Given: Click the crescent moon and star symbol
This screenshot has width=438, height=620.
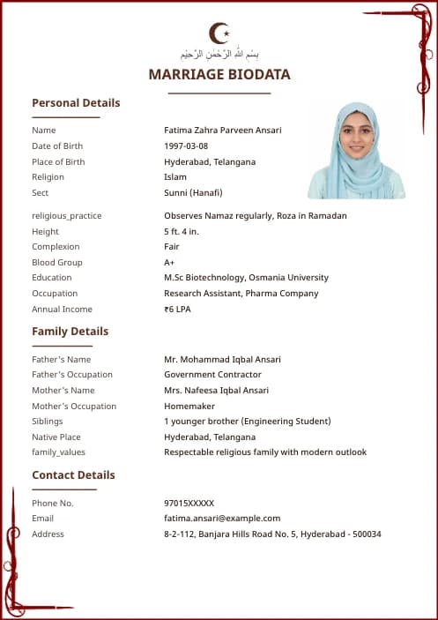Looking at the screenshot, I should (219, 34).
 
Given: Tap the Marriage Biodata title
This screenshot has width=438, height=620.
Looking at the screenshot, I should (219, 75).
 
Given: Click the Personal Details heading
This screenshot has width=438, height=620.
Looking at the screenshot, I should (76, 103).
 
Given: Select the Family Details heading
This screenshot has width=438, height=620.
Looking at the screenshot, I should (71, 332).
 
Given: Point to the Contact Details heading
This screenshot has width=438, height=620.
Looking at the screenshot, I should (73, 475).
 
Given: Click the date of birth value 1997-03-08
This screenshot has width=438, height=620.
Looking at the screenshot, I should (186, 146).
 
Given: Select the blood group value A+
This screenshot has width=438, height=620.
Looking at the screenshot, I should (169, 263).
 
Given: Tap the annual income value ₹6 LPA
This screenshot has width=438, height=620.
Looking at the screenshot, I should (177, 310).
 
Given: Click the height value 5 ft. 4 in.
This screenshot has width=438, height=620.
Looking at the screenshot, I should (182, 232).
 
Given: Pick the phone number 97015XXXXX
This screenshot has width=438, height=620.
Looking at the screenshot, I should (189, 504).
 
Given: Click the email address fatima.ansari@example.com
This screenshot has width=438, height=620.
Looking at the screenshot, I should (222, 519).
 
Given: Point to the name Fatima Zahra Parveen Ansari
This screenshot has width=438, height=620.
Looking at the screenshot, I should (223, 131).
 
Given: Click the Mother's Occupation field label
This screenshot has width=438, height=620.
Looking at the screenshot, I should (74, 407).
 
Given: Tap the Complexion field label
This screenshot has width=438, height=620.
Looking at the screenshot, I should (56, 247).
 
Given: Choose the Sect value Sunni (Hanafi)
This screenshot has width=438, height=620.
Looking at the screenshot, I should (193, 193).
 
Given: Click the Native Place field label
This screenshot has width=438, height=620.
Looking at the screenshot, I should (56, 437).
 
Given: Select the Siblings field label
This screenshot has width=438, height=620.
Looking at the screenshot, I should (48, 422).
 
